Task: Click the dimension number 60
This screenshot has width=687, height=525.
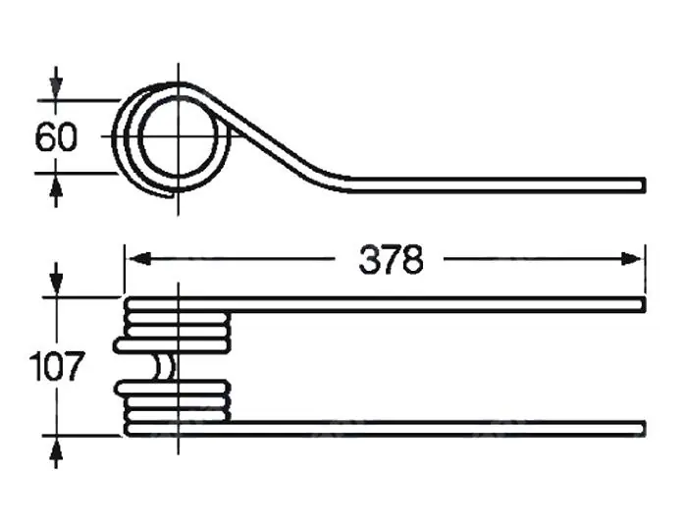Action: [56, 137]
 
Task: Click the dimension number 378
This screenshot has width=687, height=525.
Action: [391, 260]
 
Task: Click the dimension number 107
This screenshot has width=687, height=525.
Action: [56, 366]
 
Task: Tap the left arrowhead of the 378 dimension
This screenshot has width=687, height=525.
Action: [140, 258]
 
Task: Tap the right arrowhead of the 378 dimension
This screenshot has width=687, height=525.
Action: [632, 259]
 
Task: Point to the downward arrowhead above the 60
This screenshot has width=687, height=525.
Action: [56, 88]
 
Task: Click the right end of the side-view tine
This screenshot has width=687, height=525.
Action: [644, 184]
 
